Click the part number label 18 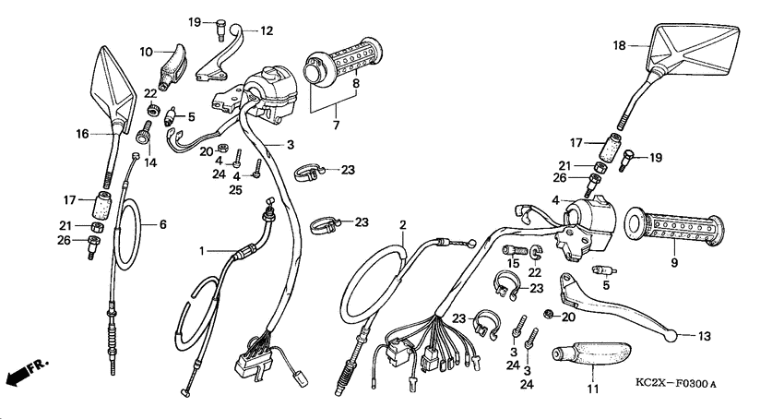(x=619, y=45)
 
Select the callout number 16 (x=82, y=134)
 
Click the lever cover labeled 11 (x=589, y=355)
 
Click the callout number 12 (x=267, y=30)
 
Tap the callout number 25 (x=237, y=190)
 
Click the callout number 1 (x=203, y=250)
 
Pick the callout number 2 (x=403, y=224)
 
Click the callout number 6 (x=163, y=223)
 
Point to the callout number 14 (x=149, y=162)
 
